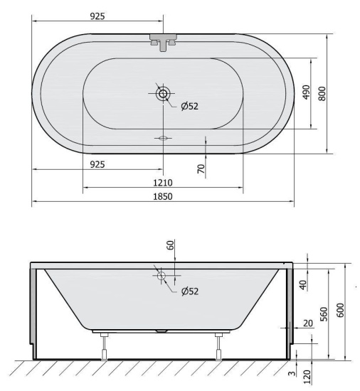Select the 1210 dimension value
click(x=163, y=182)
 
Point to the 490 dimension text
click(x=307, y=92)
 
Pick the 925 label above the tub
click(x=98, y=16)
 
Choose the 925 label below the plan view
click(x=98, y=164)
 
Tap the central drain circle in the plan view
click(x=163, y=93)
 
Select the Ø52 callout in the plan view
click(x=190, y=106)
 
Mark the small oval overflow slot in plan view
click(x=163, y=138)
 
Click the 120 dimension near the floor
click(x=307, y=375)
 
